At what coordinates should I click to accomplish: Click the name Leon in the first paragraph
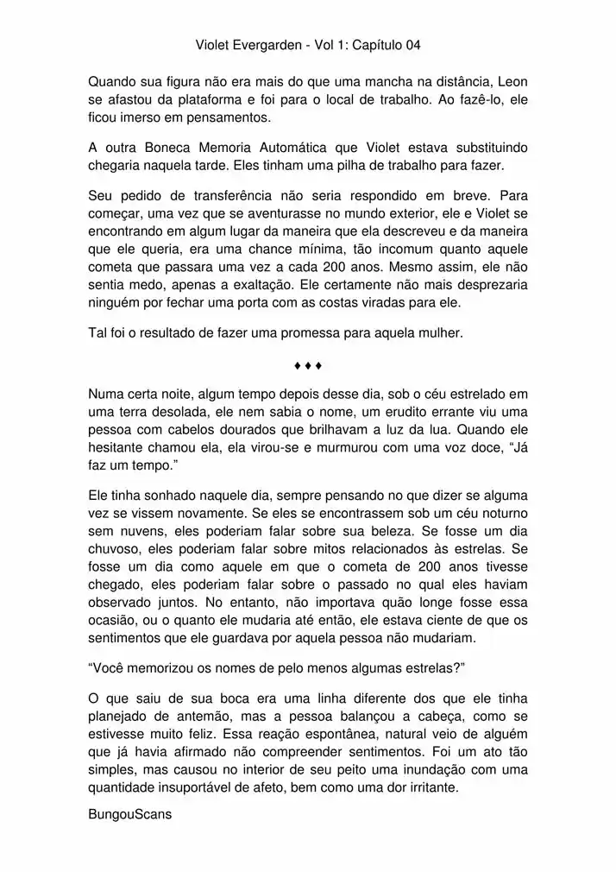click(512, 82)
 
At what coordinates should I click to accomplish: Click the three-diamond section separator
click(308, 365)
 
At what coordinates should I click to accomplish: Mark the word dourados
click(261, 430)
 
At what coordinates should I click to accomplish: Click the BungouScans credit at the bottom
click(130, 813)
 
